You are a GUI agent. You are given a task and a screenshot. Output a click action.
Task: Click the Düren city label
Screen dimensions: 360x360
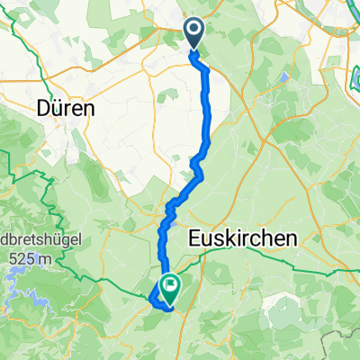tap(67, 109)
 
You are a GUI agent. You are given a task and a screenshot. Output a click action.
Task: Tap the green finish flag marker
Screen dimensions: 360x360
tap(168, 287)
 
